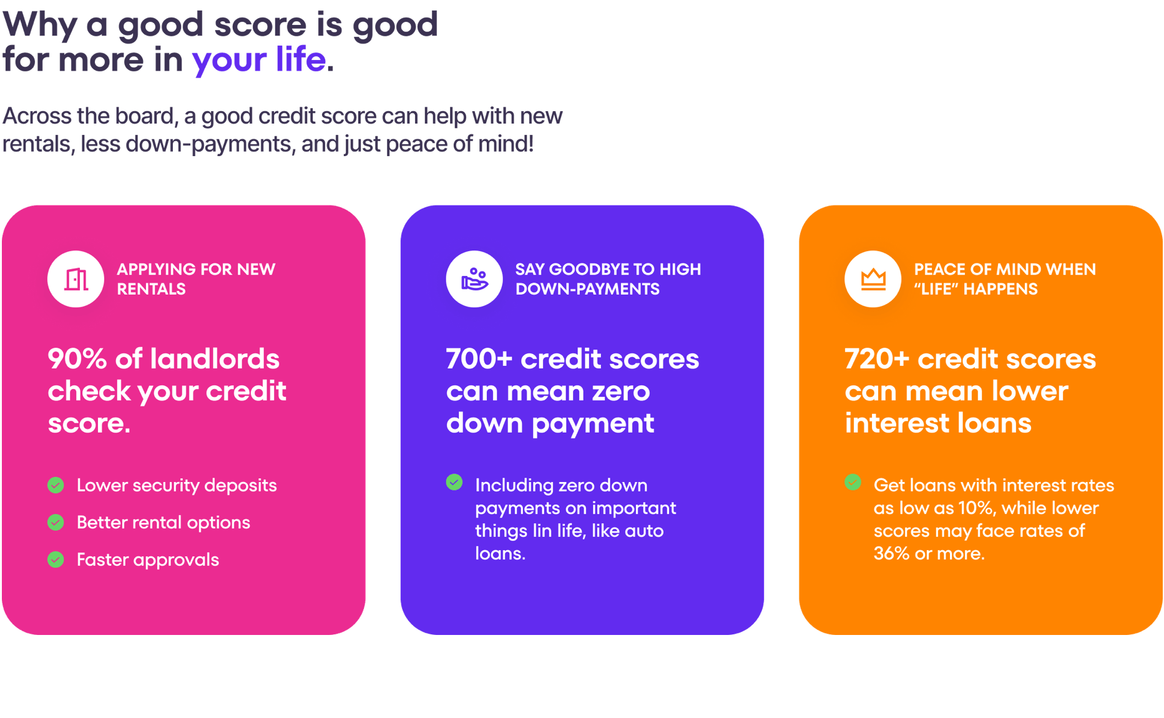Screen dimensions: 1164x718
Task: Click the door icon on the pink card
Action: click(76, 279)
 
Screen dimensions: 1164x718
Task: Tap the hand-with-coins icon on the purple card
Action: click(474, 279)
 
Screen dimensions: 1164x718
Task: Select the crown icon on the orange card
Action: click(873, 279)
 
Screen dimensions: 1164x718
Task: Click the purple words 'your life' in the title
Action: click(259, 60)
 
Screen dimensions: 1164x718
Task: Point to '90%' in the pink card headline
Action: click(77, 359)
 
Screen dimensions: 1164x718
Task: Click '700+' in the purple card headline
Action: click(479, 359)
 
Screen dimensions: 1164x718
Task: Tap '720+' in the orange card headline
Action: click(877, 359)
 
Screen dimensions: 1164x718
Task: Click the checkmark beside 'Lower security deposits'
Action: click(56, 485)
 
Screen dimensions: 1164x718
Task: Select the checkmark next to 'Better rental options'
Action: click(56, 522)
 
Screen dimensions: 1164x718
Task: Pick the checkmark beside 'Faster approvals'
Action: click(56, 559)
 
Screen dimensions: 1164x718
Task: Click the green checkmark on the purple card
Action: click(454, 482)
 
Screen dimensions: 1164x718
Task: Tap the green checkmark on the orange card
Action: click(853, 482)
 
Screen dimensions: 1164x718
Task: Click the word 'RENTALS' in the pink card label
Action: click(151, 289)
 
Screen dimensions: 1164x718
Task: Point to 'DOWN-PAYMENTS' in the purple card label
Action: click(587, 289)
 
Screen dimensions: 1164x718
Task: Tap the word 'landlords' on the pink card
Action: click(215, 359)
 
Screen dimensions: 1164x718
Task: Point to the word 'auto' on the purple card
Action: click(644, 531)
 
